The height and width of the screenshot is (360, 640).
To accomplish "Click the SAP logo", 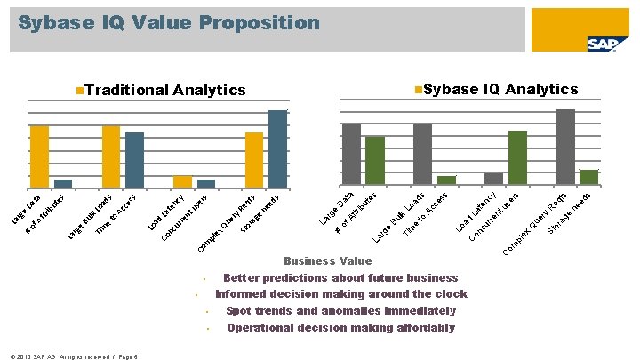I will pyautogui.click(x=602, y=45).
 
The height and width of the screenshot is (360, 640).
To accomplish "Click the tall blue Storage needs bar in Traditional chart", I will pyautogui.click(x=277, y=149).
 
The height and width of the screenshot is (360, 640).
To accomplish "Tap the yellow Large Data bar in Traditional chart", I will pyautogui.click(x=40, y=156).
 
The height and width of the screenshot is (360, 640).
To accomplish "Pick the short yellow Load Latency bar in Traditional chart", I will pyautogui.click(x=182, y=181).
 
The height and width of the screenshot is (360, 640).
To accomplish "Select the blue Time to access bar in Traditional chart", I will pyautogui.click(x=134, y=160).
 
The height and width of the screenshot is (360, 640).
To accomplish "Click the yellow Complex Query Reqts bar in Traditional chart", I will pyautogui.click(x=254, y=160).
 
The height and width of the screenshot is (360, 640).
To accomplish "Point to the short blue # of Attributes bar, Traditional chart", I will pyautogui.click(x=63, y=183).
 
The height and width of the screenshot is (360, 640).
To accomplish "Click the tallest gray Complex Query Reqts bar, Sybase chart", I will pyautogui.click(x=564, y=147).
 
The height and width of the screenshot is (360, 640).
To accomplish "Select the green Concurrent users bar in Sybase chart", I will pyautogui.click(x=517, y=157).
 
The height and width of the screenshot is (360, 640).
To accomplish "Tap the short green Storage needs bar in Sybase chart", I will pyautogui.click(x=588, y=177).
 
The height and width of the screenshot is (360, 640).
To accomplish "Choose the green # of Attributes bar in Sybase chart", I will pyautogui.click(x=375, y=161).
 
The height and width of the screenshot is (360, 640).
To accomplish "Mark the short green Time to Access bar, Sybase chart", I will pyautogui.click(x=446, y=180).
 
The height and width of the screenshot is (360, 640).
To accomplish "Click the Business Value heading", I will pyautogui.click(x=327, y=261).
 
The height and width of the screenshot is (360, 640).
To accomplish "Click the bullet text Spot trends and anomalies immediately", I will pyautogui.click(x=340, y=311).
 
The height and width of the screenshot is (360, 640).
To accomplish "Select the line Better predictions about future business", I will pyautogui.click(x=340, y=278).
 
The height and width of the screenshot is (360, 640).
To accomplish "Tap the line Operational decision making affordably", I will pyautogui.click(x=340, y=328).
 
